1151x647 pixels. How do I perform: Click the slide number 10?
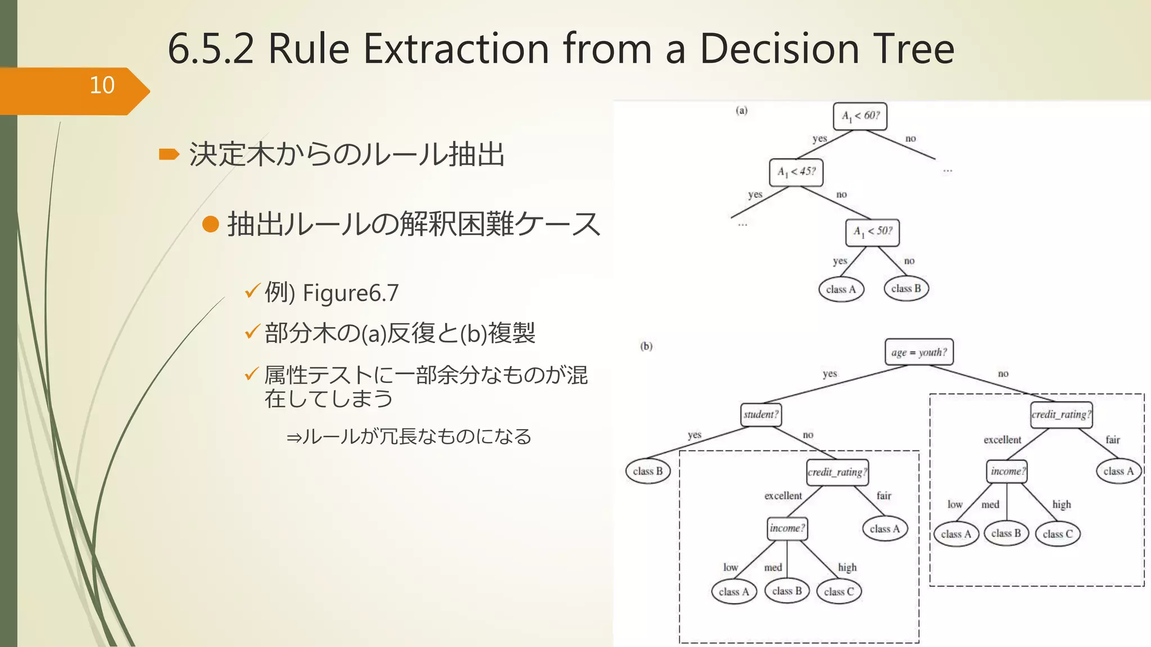pos(102,85)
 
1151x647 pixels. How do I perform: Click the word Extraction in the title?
pos(456,49)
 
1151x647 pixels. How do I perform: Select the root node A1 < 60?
pos(860,116)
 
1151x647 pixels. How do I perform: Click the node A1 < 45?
pos(796,172)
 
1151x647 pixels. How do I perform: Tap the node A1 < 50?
pos(872,232)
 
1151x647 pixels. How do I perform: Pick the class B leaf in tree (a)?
pos(906,289)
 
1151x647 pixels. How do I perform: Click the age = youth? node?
pos(919,352)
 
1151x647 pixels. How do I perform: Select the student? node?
pos(761,415)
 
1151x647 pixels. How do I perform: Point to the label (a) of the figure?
pos(742,111)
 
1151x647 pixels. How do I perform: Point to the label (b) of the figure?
pos(646,346)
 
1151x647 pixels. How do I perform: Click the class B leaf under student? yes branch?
pos(647,471)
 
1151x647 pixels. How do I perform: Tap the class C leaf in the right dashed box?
pos(1058,534)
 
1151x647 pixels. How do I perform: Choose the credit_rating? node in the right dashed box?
pos(1061,414)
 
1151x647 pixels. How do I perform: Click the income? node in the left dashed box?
pos(787,528)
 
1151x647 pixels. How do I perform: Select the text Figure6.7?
pos(351,293)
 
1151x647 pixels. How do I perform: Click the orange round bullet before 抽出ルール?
pos(210,224)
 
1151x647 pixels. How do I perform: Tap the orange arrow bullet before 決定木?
pos(169,154)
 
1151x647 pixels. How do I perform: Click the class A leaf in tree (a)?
pos(841,289)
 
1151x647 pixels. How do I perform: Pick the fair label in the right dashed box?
pos(1113,440)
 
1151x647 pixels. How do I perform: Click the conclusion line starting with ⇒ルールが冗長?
pos(409,436)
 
